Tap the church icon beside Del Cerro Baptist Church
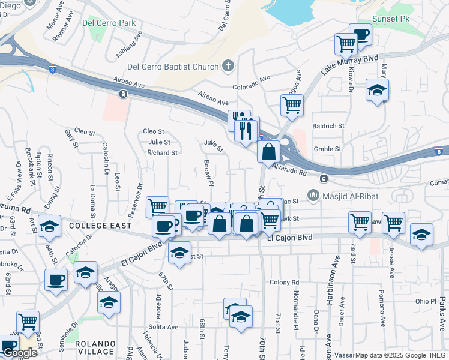pos(228,66)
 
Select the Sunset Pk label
pos(391,19)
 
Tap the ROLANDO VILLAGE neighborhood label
pos(95,347)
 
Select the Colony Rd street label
pos(284,283)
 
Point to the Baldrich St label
pos(328,127)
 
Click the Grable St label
pos(327,149)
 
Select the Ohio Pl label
pos(425,301)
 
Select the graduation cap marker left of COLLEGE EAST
pos(49,226)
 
